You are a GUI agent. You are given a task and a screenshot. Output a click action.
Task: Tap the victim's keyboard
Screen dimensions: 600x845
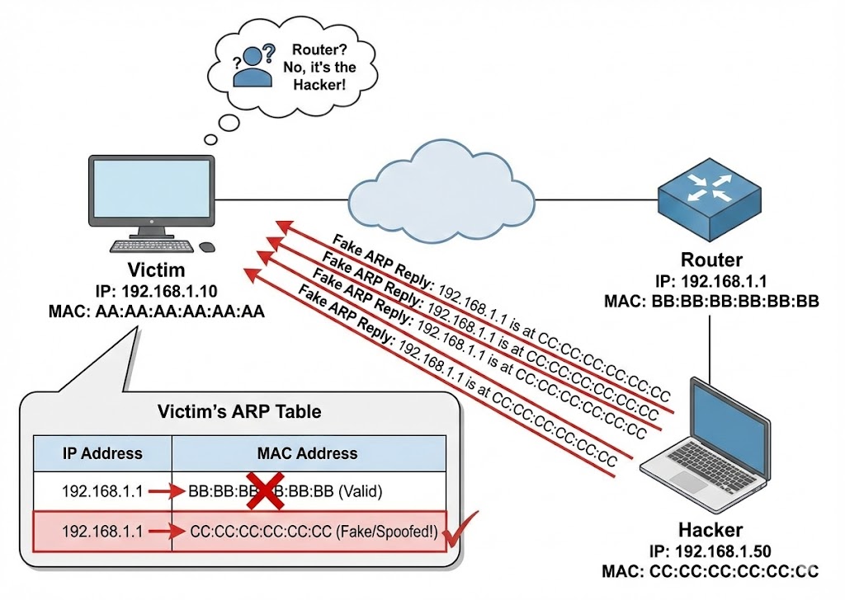pos(152,246)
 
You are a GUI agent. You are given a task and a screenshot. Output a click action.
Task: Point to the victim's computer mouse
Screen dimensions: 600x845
pos(205,246)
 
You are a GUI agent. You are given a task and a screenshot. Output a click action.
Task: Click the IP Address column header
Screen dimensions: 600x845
pos(102,453)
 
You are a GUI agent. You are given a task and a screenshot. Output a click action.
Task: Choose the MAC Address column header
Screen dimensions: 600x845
pos(309,453)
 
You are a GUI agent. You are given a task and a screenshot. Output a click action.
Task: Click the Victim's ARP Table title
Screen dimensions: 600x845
pos(239,411)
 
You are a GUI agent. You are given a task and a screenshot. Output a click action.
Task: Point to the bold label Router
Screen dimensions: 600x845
pos(711,260)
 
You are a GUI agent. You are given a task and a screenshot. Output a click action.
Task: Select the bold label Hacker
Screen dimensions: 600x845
pos(710,530)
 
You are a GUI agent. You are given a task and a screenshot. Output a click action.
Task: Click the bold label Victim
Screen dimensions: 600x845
pos(156,270)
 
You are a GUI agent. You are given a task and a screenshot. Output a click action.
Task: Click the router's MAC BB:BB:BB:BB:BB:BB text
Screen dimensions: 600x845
pos(711,301)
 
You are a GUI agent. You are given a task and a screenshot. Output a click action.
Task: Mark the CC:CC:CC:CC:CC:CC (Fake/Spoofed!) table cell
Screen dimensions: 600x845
pos(314,532)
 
